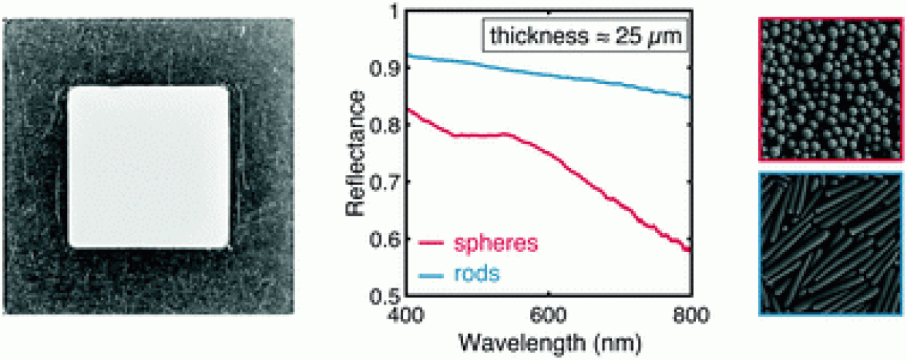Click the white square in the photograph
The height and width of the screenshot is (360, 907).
coord(149,166)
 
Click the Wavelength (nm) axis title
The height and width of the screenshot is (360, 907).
coord(548,340)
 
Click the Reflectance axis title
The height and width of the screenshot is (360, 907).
coord(355,153)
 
